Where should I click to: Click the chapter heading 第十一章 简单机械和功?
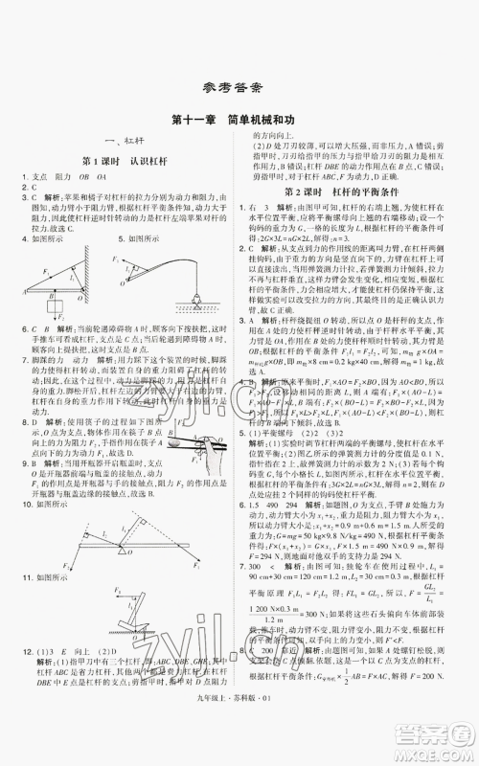click(x=239, y=120)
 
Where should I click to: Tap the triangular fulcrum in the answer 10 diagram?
click(x=117, y=550)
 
